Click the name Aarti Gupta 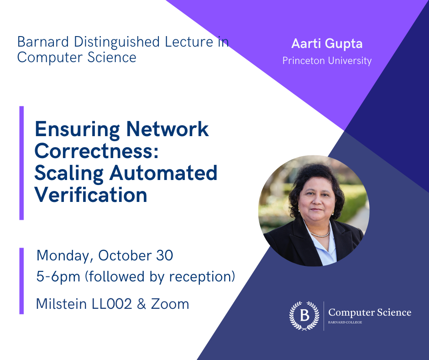click(326, 45)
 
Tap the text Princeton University click(327, 60)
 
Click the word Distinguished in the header click(106, 42)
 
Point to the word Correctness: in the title click(96, 151)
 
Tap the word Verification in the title click(91, 195)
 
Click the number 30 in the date click(163, 255)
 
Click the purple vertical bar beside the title click(21, 163)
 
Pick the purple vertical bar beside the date click(21, 281)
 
